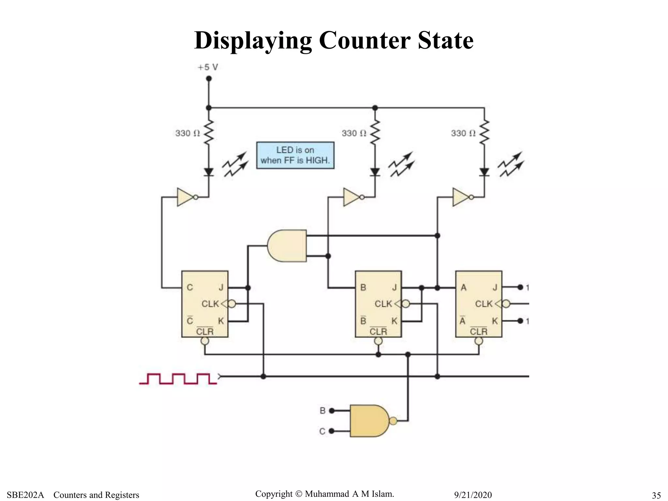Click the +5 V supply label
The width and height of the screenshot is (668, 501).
pos(208,67)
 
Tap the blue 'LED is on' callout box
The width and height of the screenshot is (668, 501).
pos(295,155)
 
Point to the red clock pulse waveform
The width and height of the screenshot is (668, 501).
pos(178,379)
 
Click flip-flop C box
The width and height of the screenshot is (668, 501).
pos(205,304)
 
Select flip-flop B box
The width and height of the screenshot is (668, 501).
pos(378,304)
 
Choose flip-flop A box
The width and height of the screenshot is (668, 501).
pos(478,304)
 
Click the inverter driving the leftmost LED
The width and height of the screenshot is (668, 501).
pos(185,197)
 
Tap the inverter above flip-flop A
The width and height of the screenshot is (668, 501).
pos(461,197)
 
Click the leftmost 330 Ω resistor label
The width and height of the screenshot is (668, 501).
pos(187,133)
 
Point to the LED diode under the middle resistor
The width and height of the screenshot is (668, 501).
pos(375,172)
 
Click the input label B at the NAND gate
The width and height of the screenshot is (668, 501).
pos(323,411)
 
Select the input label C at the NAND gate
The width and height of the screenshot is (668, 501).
pos(322,431)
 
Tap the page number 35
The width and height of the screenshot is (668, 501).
pos(656,495)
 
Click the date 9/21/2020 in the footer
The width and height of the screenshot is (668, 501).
pos(473,495)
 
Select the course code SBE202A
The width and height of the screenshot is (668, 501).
pos(25,495)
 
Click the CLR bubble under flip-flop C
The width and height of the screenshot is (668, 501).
pos(205,341)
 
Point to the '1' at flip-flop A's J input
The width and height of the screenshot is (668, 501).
pos(527,287)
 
